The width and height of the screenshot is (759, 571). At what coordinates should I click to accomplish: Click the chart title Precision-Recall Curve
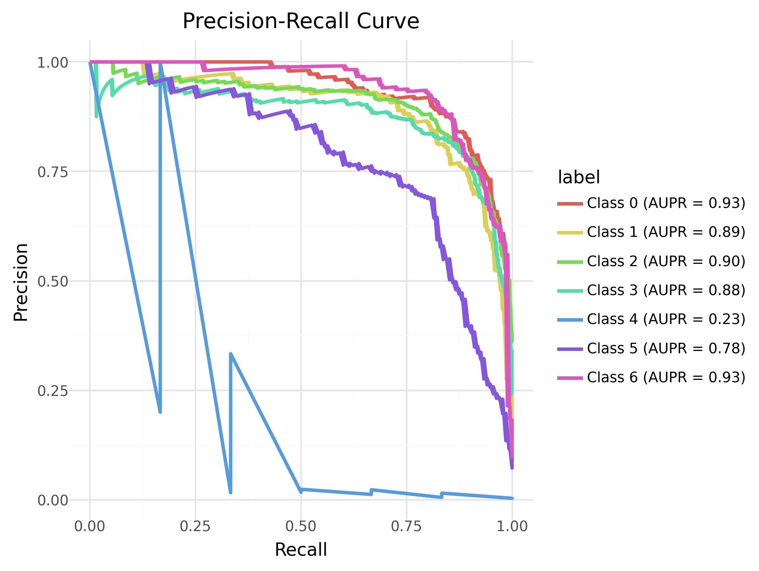tap(301, 21)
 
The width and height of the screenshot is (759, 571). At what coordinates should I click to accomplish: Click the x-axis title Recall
tap(301, 550)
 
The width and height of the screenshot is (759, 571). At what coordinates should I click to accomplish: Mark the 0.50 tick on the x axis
tap(301, 526)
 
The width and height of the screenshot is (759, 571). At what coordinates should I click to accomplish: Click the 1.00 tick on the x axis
tap(512, 526)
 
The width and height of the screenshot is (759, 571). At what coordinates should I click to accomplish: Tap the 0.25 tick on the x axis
tap(195, 526)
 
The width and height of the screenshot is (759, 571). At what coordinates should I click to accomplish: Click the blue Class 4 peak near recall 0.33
tap(231, 354)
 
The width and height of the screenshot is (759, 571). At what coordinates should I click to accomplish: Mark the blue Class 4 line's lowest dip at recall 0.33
tap(231, 492)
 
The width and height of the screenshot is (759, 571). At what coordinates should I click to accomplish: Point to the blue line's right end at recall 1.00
tap(512, 498)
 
